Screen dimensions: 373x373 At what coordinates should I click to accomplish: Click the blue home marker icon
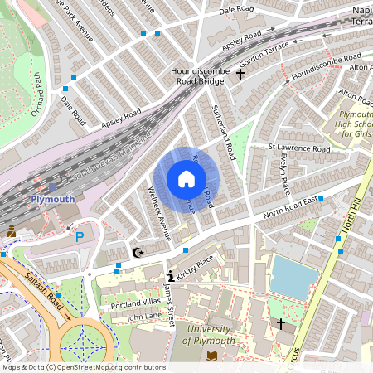[x=186, y=178]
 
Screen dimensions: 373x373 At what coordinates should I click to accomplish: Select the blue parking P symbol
[x=80, y=237]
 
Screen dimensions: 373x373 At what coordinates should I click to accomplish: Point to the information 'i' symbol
[x=171, y=276]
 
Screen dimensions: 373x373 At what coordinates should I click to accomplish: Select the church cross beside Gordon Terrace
[x=240, y=75]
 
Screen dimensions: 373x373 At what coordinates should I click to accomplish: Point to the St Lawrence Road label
[x=298, y=149]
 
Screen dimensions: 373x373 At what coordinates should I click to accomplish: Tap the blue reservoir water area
[x=291, y=277]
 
